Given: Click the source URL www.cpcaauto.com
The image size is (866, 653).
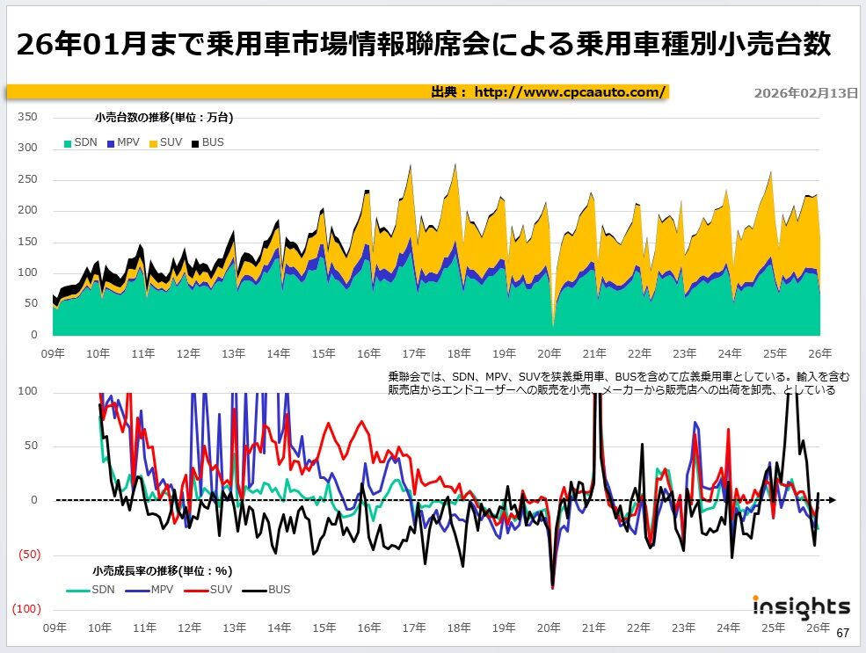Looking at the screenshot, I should [570, 92].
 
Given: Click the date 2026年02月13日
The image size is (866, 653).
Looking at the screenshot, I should [805, 93].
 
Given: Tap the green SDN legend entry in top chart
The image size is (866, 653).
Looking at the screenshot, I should [80, 142].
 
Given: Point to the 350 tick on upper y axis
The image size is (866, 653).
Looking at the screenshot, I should [28, 117].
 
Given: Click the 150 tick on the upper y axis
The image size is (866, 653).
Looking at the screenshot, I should [28, 242].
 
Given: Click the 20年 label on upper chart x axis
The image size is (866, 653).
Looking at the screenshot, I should [549, 353].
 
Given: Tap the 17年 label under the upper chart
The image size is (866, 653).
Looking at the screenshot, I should [414, 353].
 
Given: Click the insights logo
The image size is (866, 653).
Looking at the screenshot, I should [801, 606].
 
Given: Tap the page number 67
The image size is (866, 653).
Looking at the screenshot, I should [842, 633].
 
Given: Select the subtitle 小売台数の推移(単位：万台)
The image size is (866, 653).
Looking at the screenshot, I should [164, 116].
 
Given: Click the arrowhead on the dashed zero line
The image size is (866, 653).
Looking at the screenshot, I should [831, 500].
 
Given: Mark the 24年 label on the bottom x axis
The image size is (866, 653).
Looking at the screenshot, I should [729, 628].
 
